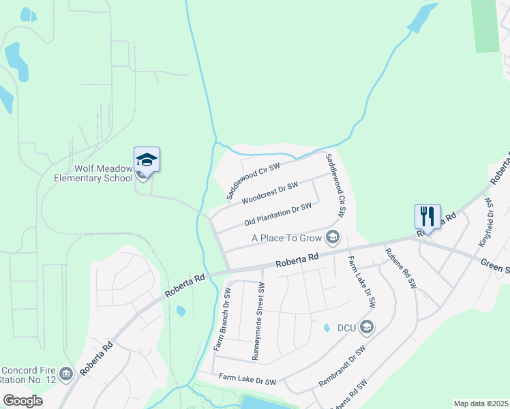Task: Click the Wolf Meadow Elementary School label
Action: (x=93, y=174)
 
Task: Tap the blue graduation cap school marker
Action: (x=147, y=160)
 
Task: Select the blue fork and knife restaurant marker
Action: (x=428, y=217)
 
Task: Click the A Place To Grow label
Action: (x=286, y=238)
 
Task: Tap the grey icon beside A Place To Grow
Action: (x=333, y=237)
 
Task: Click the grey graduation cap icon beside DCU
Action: (x=367, y=327)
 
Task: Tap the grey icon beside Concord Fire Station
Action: (x=66, y=373)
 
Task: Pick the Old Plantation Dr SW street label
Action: (x=277, y=215)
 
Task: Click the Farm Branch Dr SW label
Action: (x=223, y=319)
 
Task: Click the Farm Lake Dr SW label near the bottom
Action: (x=247, y=379)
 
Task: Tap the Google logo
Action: (x=23, y=401)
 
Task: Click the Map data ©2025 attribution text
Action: (x=480, y=404)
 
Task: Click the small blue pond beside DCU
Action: (x=327, y=327)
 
